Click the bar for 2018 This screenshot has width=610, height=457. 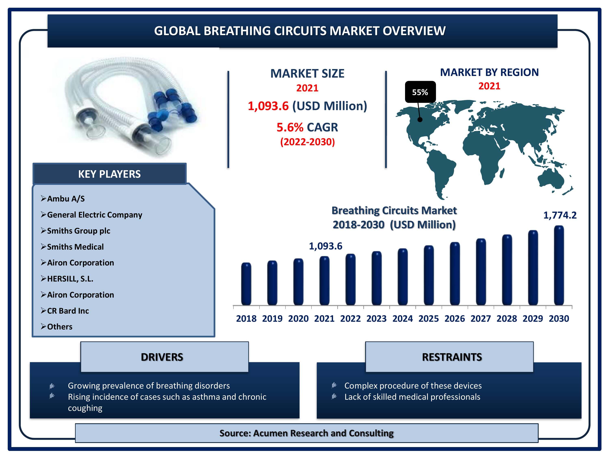pyautogui.click(x=246, y=284)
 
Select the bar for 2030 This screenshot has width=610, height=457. pyautogui.click(x=559, y=265)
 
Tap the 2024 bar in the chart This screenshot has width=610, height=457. pyautogui.click(x=402, y=277)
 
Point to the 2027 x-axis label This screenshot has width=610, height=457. pyautogui.click(x=481, y=318)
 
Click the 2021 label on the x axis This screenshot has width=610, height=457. pyautogui.click(x=324, y=318)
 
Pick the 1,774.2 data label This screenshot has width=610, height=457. pyautogui.click(x=560, y=215)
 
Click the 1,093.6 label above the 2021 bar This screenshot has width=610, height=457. pyautogui.click(x=325, y=246)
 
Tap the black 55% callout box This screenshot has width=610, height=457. pyautogui.click(x=420, y=92)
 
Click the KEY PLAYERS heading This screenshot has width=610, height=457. pyautogui.click(x=109, y=174)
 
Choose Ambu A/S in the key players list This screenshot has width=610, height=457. pyautogui.click(x=66, y=199)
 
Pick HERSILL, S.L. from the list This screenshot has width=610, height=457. pyautogui.click(x=70, y=279)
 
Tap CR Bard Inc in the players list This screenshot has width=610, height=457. pyautogui.click(x=68, y=311)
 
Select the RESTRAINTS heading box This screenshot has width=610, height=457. pyautogui.click(x=449, y=357)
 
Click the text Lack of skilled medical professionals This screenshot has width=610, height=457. pyautogui.click(x=412, y=397)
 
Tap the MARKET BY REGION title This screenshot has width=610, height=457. pyautogui.click(x=489, y=72)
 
